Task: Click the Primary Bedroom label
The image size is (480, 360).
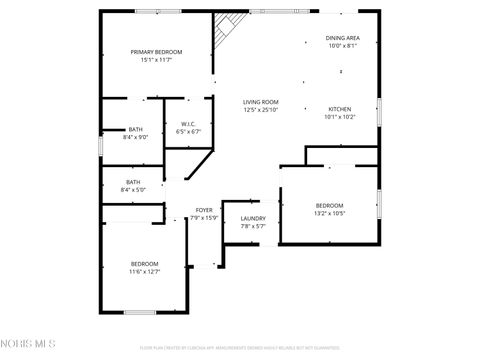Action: tap(156, 51)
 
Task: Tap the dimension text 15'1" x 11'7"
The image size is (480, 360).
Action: tap(156, 60)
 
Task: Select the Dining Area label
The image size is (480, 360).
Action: tap(342, 38)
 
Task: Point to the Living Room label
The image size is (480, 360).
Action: tap(261, 102)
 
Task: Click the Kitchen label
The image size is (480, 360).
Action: tap(340, 108)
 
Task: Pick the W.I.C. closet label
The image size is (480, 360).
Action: tap(188, 123)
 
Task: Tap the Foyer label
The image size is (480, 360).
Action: tap(204, 209)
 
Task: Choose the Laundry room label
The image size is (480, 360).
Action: tap(253, 218)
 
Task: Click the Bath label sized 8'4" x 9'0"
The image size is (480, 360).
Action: tap(135, 129)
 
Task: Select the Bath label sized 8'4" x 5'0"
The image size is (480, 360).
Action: tap(133, 181)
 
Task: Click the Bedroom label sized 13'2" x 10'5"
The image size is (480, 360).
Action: tap(329, 205)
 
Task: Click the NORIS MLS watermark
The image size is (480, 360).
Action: tap(29, 346)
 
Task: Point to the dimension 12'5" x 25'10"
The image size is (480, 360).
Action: tap(261, 110)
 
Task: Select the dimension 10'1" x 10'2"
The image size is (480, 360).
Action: tap(340, 116)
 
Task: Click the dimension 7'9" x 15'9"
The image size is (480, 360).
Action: tap(204, 217)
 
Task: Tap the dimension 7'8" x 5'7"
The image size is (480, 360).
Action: tap(253, 226)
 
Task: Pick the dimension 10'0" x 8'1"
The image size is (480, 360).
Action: tap(342, 46)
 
